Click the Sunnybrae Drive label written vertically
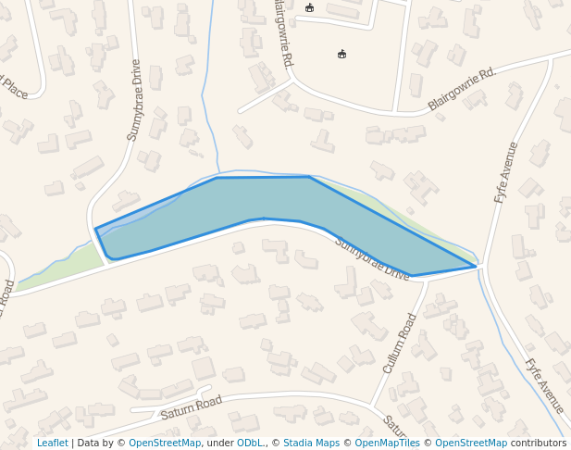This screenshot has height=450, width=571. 135,100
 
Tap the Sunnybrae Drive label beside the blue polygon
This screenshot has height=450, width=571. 371,259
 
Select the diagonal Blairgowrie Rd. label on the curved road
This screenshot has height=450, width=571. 462,89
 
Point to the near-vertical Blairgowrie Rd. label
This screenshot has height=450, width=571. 283,33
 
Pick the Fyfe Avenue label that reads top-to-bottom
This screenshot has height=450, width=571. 544,385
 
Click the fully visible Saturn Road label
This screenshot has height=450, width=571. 192,407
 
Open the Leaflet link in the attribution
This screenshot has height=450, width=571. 52,443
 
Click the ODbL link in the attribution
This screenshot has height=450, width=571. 250,443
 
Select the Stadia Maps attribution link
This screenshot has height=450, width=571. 311,443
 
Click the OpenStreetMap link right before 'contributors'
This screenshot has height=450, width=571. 471,443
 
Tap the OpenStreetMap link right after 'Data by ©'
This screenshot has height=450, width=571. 165,443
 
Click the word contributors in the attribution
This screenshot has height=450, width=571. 539,443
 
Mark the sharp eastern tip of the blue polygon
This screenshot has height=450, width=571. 476,267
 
